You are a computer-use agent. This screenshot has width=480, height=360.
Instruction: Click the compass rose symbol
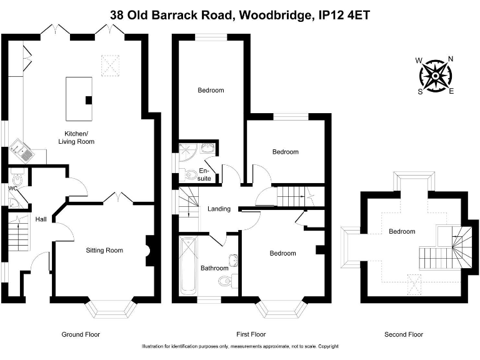click(435, 75)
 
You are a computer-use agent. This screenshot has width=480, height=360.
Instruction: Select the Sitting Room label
click(104, 250)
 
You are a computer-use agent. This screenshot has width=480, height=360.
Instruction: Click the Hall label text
click(41, 219)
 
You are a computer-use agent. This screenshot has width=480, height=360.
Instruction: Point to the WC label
click(12, 187)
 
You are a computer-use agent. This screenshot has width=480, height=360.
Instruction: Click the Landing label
click(219, 209)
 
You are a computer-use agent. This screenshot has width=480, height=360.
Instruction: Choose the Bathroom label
click(214, 268)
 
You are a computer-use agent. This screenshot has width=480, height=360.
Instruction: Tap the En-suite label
click(204, 174)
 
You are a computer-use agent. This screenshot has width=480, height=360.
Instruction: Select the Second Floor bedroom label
click(402, 231)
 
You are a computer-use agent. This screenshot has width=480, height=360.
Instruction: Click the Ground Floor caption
click(81, 334)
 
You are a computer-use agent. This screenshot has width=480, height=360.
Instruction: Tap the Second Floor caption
click(404, 334)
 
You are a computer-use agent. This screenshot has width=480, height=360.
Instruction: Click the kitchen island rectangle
click(79, 99)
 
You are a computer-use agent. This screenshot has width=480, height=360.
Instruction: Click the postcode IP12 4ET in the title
click(341, 14)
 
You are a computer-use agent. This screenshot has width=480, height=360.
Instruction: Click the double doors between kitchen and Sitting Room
click(118, 199)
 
